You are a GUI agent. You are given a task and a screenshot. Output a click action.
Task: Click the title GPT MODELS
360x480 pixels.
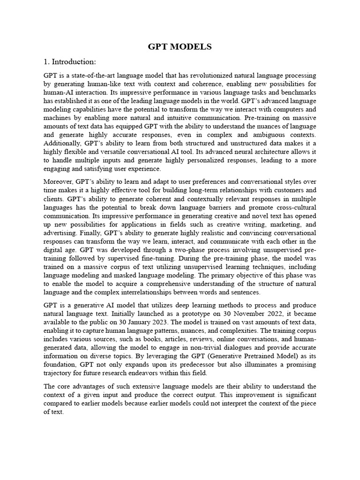coord(180,46)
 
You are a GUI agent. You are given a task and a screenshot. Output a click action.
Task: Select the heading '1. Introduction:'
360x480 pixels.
coord(70,62)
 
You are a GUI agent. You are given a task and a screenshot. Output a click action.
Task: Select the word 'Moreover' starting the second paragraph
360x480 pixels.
coord(60,181)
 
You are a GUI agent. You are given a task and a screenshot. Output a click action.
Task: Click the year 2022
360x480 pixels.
coord(259,313)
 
